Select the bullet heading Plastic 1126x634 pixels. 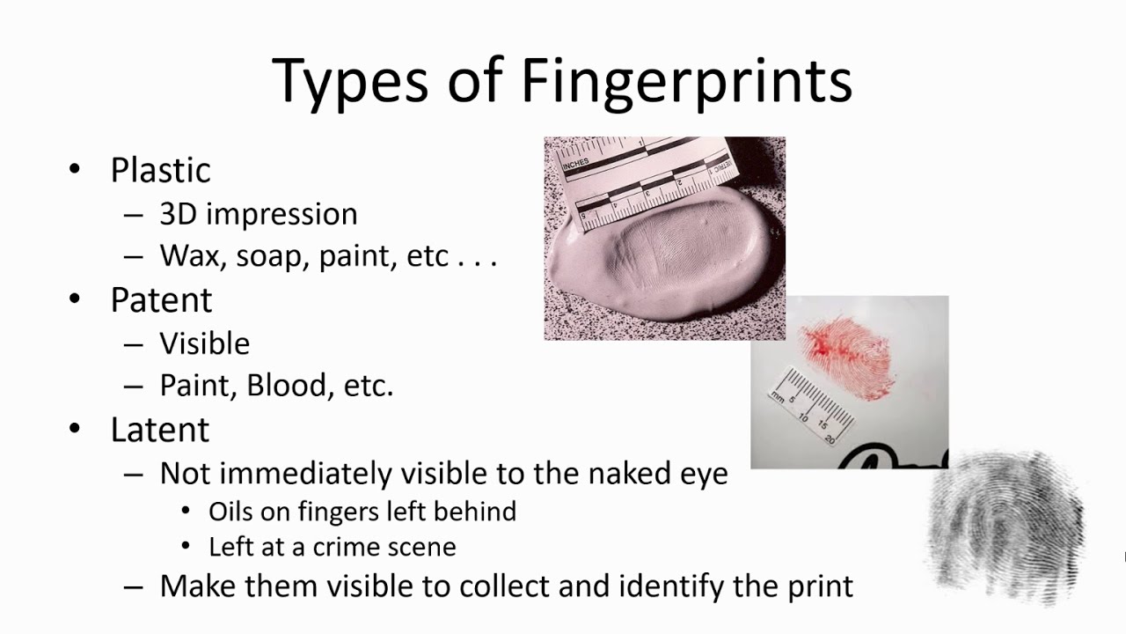[x=160, y=170]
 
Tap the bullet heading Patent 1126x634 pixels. [x=161, y=300]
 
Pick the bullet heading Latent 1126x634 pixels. [x=160, y=430]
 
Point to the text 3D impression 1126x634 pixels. [x=259, y=214]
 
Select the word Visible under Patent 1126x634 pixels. [x=205, y=343]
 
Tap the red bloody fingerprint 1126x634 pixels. [x=847, y=357]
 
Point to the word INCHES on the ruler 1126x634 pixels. [x=575, y=164]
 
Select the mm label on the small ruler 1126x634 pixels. [x=777, y=396]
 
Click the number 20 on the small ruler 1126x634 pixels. [x=830, y=439]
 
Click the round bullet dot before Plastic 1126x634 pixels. [x=75, y=169]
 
